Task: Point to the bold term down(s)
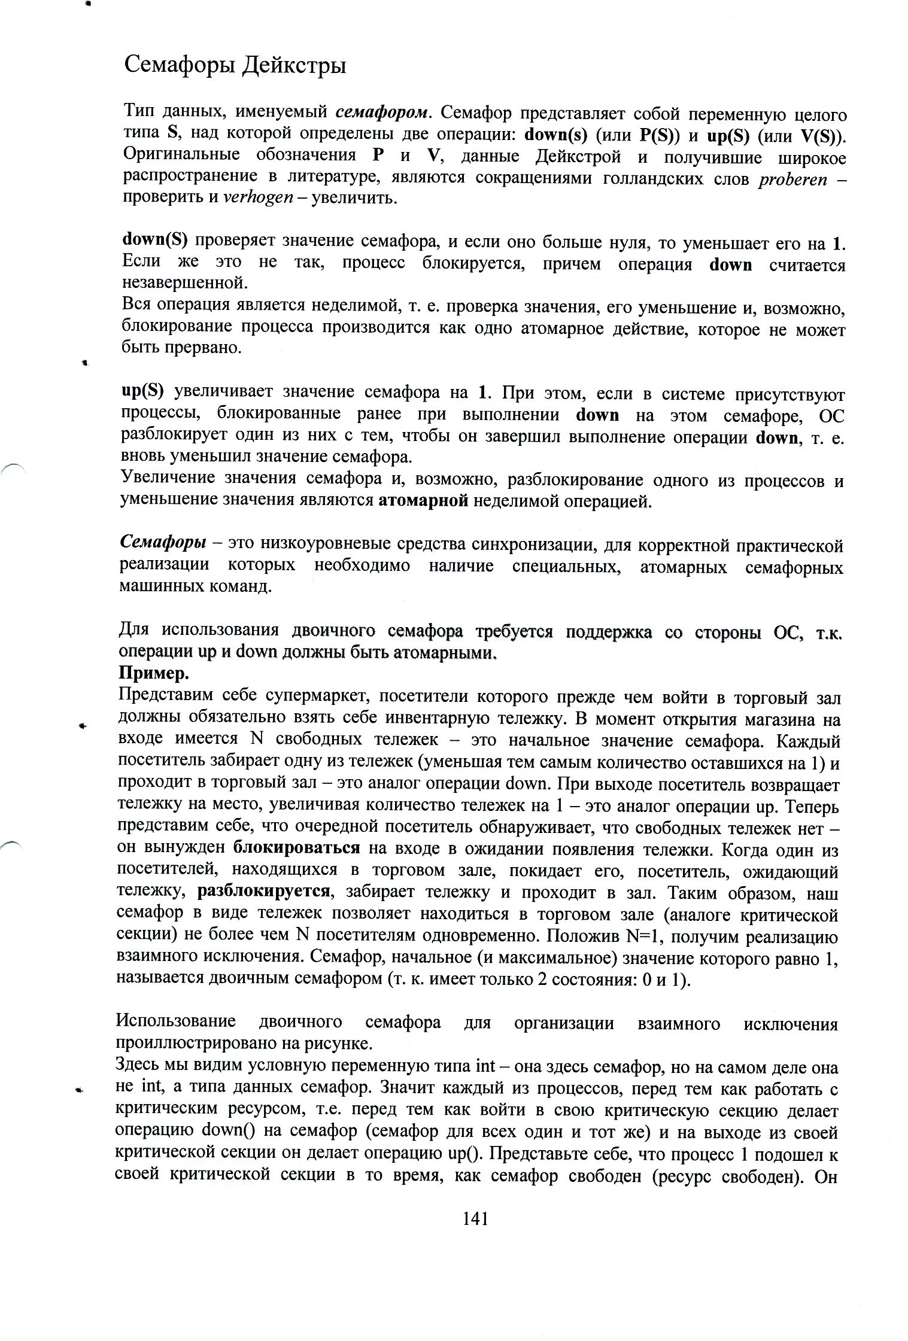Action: click(555, 134)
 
